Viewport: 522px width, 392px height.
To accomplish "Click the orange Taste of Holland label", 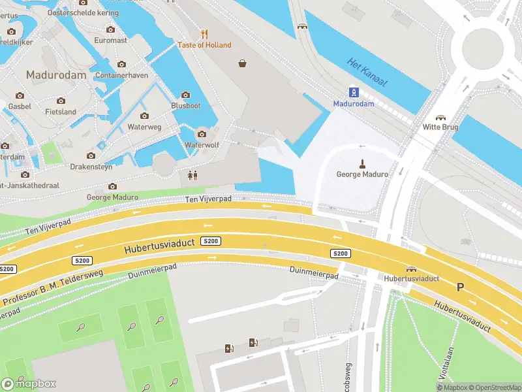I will tap(204, 45).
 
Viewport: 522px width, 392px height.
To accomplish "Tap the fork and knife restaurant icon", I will tap(204, 34).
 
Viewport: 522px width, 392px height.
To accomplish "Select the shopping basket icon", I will tap(243, 63).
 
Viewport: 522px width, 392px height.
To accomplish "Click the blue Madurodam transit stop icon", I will tap(354, 91).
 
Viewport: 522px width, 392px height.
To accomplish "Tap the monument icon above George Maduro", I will tap(361, 163).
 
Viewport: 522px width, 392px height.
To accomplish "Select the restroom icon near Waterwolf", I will tap(192, 175).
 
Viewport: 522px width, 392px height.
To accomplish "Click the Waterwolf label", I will tap(202, 144).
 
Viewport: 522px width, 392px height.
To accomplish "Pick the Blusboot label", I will tap(185, 106).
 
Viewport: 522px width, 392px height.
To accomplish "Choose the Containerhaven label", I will tap(121, 75).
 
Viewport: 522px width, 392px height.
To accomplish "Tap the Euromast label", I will tap(110, 41).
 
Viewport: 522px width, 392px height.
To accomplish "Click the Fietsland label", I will tap(61, 112).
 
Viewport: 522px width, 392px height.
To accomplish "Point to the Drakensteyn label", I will tap(92, 167).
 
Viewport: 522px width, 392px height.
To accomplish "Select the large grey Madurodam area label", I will tap(55, 75).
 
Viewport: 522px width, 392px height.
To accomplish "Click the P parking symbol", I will tap(460, 287).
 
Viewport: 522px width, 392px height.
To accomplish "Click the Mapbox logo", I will tap(29, 384).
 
